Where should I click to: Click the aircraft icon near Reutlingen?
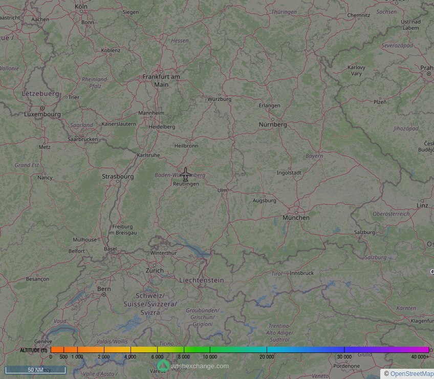point(185,174)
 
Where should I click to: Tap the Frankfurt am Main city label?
point(161,80)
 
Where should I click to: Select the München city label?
point(296,218)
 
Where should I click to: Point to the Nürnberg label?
point(273,124)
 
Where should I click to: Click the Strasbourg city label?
point(118,177)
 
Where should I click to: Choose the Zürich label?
point(155,270)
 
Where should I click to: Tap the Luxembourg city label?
point(42,114)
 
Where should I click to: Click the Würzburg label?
point(219,99)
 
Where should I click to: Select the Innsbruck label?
point(301,273)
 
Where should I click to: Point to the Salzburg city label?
point(365,232)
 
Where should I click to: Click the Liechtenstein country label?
point(202,280)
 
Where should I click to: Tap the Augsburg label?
point(265,201)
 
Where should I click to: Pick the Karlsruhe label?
point(148,155)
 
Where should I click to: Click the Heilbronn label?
point(186,146)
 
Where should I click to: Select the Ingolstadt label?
point(289,173)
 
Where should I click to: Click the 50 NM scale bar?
point(35,369)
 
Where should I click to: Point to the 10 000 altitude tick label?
point(209,356)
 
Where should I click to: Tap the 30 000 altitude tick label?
point(344,356)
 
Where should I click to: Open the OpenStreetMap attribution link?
point(411,374)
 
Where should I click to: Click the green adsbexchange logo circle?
point(163,366)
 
